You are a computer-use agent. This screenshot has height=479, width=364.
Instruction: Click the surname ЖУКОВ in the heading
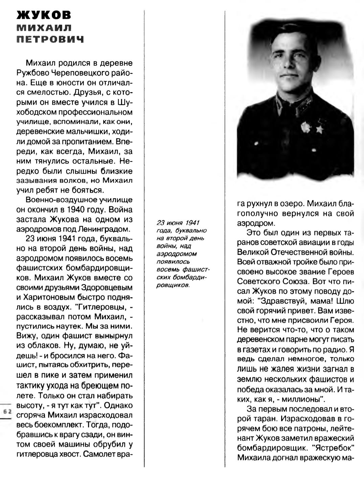[44, 16]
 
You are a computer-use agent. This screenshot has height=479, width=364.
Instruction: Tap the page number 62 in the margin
[7, 411]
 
